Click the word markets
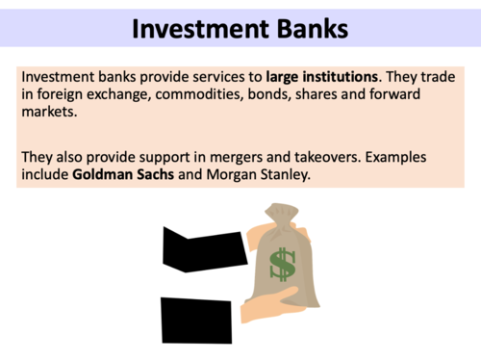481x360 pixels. (47, 111)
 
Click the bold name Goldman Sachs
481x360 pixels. (121, 174)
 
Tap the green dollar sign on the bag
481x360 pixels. (282, 265)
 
